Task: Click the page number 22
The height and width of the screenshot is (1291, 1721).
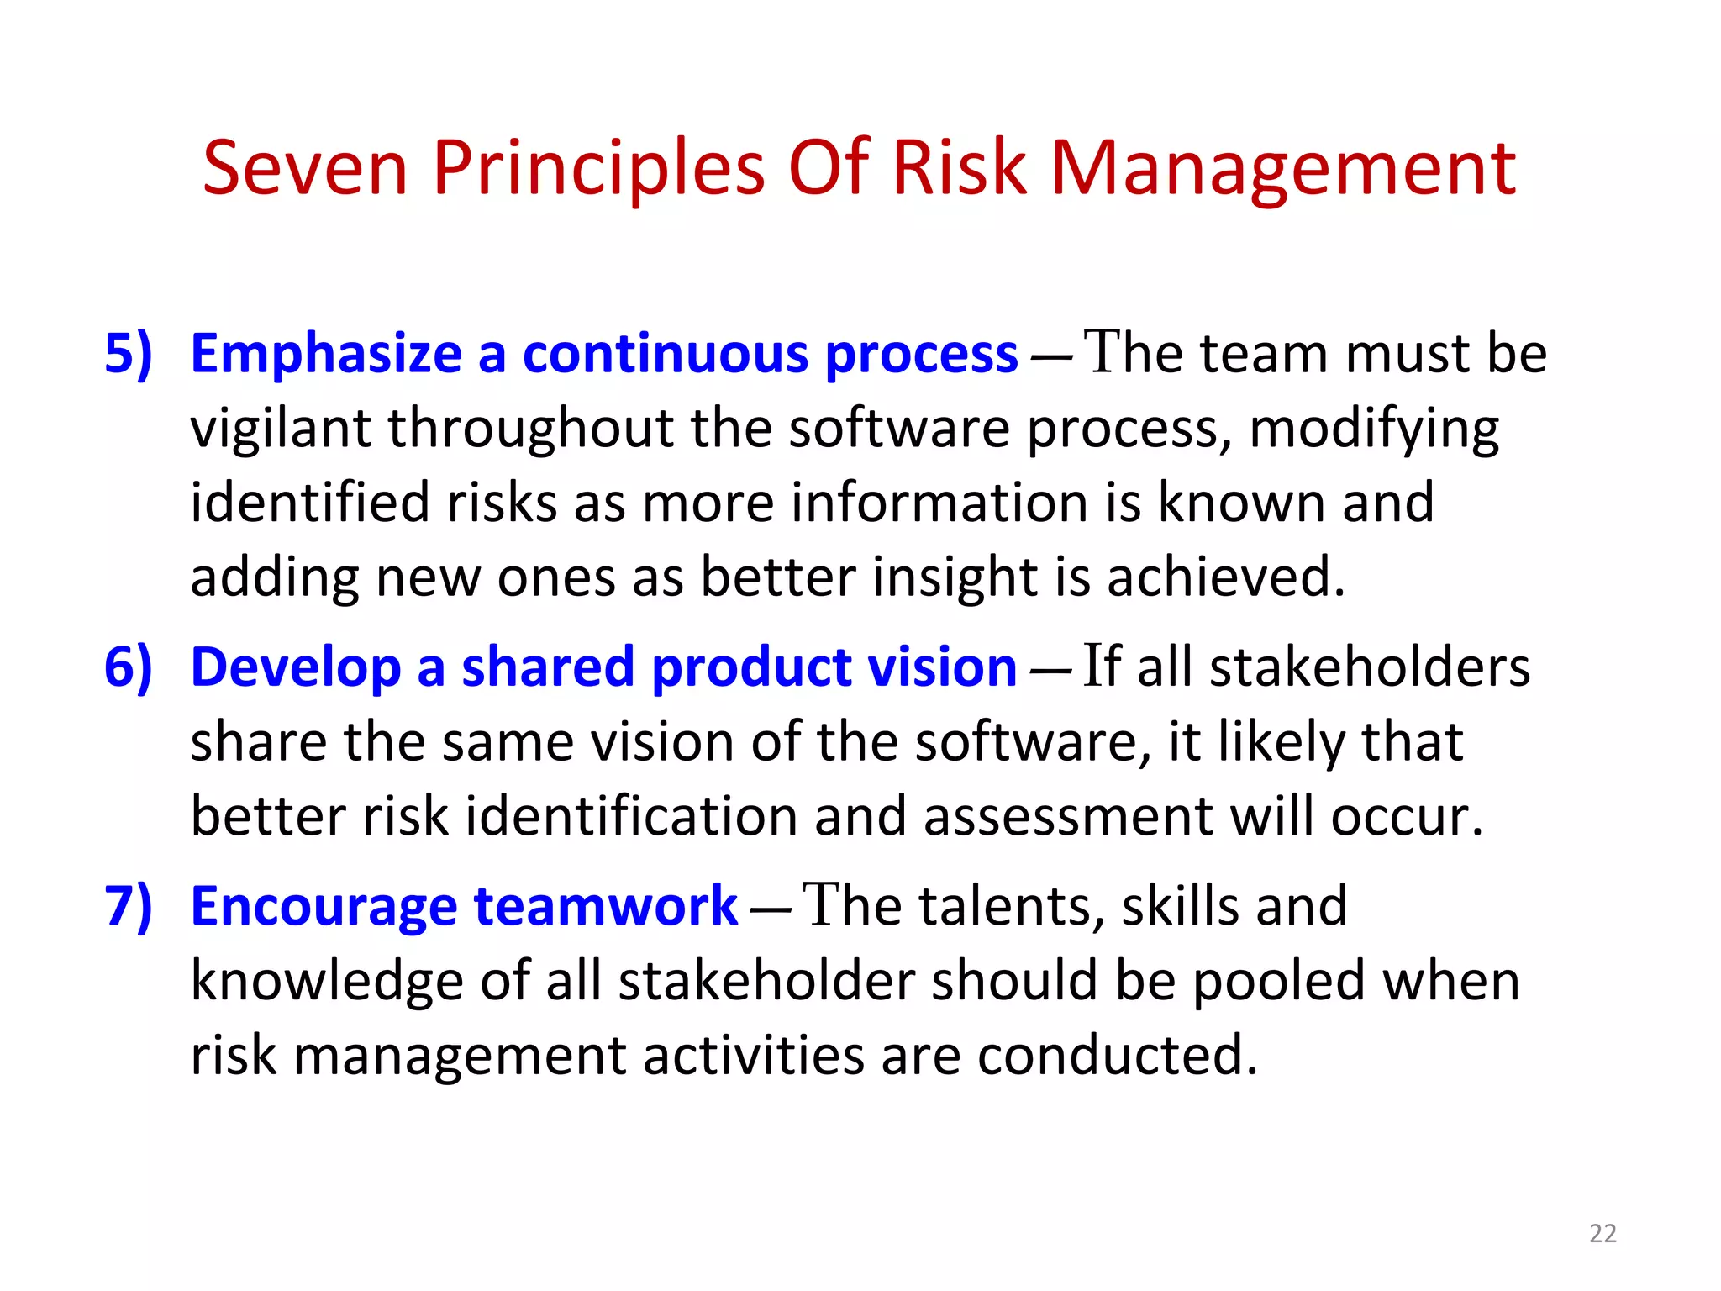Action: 1603,1233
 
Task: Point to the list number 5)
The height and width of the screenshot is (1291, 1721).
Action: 129,353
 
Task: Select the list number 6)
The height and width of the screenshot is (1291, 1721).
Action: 129,667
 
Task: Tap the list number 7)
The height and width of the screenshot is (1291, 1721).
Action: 129,906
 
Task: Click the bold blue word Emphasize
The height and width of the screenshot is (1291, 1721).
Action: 326,353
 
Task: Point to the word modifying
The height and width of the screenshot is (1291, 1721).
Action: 1374,429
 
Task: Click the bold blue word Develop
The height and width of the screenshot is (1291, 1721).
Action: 296,667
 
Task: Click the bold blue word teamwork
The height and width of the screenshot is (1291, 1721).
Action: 605,906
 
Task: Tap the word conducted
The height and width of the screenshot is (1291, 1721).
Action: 1118,1055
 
